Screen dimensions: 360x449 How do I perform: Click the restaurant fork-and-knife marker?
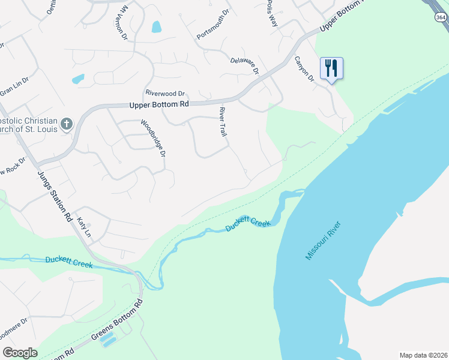331,68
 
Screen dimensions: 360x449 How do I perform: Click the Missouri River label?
323,241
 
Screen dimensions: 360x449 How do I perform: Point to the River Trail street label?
223,122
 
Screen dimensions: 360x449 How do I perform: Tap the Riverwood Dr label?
165,94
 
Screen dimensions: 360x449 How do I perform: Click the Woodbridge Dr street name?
153,138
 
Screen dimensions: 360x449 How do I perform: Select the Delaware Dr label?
244,65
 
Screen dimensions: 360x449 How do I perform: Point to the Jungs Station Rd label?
56,195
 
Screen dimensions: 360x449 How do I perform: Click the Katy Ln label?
83,227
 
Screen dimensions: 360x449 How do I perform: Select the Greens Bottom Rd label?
117,325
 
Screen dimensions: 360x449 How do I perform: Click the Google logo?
20,353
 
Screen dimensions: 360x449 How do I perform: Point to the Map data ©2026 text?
423,355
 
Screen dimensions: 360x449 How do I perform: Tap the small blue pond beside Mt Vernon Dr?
157,26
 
